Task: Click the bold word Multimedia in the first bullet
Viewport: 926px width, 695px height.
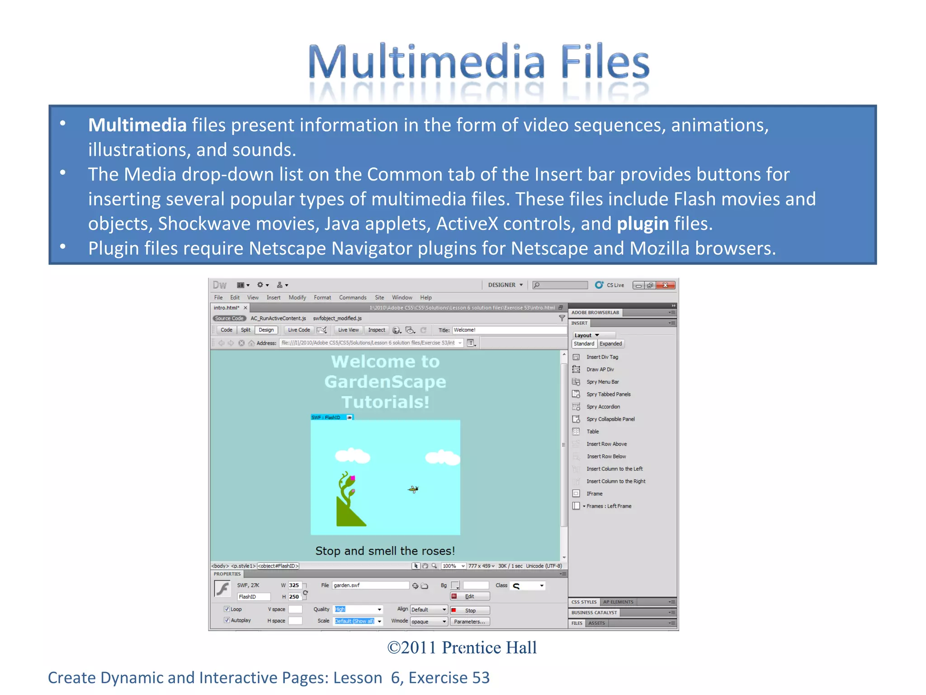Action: tap(137, 125)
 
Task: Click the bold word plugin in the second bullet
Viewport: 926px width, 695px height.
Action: tap(643, 224)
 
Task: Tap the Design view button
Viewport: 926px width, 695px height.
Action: tap(266, 330)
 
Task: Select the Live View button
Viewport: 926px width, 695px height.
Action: tap(348, 330)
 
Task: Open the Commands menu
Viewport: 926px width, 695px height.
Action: tap(352, 297)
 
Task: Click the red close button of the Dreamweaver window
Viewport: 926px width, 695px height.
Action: tap(665, 285)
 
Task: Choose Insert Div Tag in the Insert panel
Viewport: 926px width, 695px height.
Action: tap(602, 357)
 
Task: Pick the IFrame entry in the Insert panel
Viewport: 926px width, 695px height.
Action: tap(594, 494)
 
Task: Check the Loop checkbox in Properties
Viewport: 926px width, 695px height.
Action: tap(227, 609)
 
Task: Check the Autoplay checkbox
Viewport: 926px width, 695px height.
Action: tap(227, 620)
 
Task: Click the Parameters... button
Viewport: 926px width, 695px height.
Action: tap(469, 622)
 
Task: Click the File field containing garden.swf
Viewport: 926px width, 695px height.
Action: tap(370, 586)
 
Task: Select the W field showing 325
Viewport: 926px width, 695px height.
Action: tap(294, 586)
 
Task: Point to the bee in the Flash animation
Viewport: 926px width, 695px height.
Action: tap(413, 489)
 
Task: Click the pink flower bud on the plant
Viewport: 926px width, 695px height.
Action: tap(352, 478)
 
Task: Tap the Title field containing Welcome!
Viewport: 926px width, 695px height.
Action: tap(509, 330)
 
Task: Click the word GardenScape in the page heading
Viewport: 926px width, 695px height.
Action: tap(385, 382)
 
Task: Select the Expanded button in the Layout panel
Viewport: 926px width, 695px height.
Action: tap(610, 344)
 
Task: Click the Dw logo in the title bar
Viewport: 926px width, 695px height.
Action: tap(220, 285)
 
